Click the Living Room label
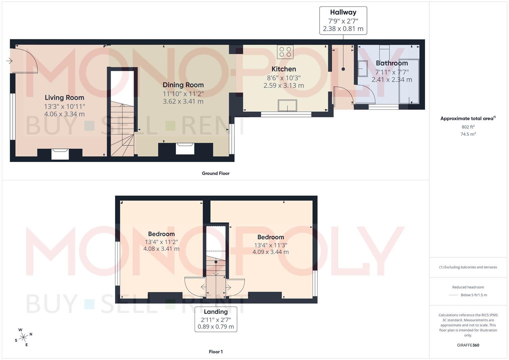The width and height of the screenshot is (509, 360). point(64,98)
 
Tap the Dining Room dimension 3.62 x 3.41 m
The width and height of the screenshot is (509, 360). point(183,101)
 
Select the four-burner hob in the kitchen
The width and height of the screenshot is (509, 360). point(285,52)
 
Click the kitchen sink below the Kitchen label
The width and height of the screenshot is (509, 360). point(288,105)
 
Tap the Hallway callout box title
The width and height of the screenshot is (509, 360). point(343,12)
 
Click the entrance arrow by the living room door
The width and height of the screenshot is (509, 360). point(9,61)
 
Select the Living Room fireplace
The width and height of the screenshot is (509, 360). point(60,154)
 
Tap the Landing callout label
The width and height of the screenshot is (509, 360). point(216,312)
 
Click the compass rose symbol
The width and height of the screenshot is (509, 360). point(23,337)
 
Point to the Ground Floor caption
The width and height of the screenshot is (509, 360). point(216,173)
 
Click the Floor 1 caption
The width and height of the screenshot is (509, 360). point(216,352)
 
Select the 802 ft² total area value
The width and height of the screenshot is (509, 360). point(468,127)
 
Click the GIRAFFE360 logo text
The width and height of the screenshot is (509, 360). point(468,345)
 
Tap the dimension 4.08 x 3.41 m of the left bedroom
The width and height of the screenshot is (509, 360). point(161,249)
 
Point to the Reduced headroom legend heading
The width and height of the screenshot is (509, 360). point(468,287)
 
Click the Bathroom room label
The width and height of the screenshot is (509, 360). point(392,63)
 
